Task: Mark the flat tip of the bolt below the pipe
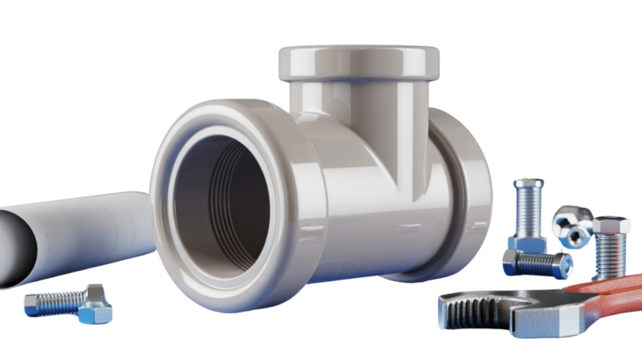[x=29, y=299]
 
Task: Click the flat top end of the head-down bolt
[x=528, y=182]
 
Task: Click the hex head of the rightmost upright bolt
[x=609, y=226]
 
